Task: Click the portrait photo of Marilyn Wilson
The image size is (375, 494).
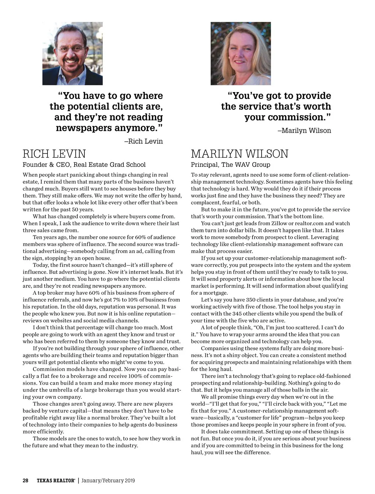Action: (241, 53)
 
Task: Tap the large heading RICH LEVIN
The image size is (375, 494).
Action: (54, 154)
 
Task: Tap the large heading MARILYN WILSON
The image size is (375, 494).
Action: (240, 154)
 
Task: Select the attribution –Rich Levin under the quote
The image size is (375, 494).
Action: (143, 141)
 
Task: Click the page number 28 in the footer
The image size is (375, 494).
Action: (26, 481)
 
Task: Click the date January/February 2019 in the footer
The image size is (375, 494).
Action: (108, 481)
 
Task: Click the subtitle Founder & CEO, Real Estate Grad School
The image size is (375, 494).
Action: (84, 165)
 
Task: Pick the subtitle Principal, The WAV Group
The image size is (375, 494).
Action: (231, 165)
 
